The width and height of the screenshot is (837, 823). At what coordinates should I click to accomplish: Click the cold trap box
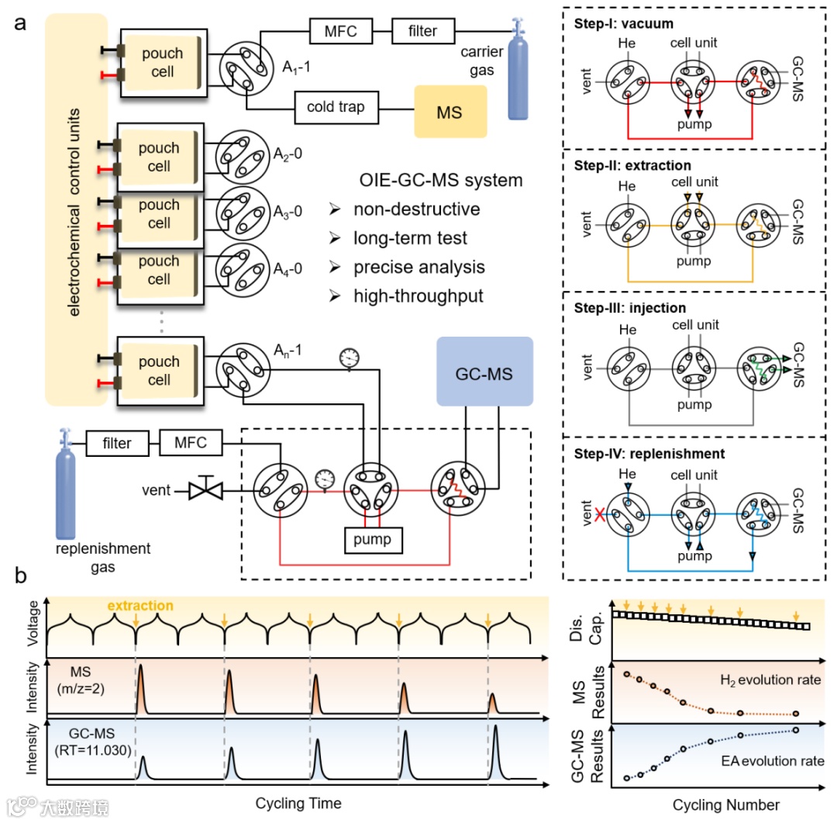[x=335, y=106]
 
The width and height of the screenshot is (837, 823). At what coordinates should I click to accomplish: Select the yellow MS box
[x=449, y=112]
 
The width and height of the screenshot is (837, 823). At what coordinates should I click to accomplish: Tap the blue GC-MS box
[x=484, y=372]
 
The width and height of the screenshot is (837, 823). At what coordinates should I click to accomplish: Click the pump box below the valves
[x=374, y=538]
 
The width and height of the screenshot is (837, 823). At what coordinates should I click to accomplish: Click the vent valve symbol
[x=206, y=490]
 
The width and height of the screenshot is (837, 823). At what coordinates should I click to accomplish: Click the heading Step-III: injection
[x=628, y=309]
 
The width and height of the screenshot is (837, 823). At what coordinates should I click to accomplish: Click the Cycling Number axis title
[x=725, y=804]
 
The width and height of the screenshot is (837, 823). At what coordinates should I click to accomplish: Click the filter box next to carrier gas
[x=423, y=31]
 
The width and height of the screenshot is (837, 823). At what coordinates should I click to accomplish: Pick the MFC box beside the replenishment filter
[x=191, y=444]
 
